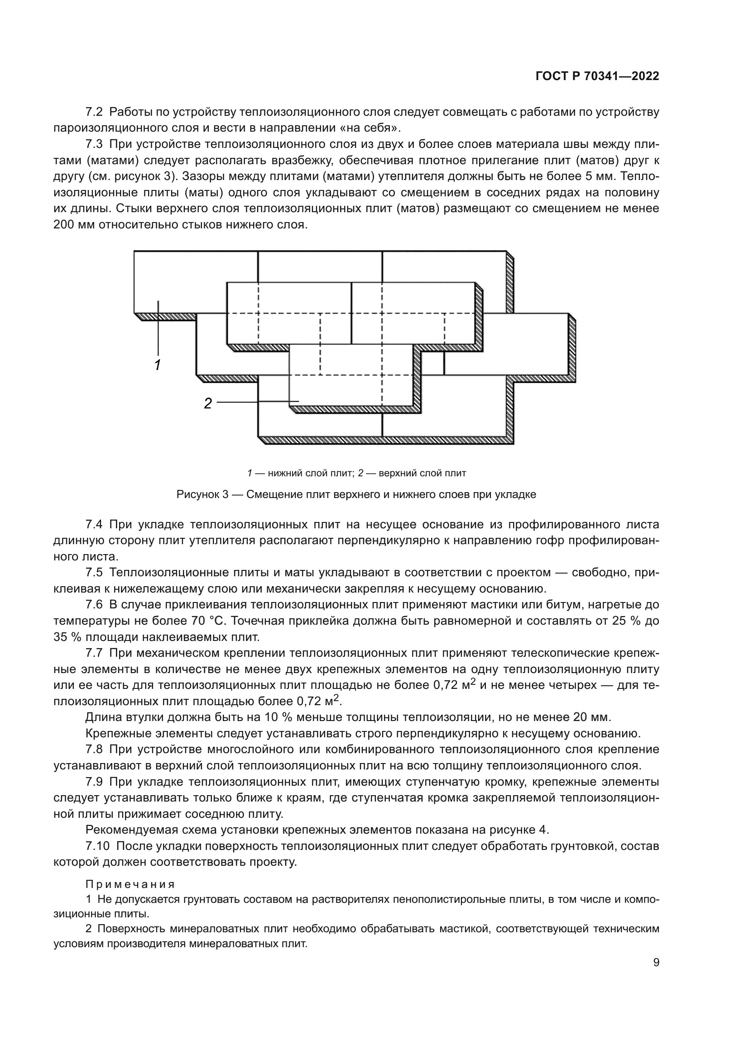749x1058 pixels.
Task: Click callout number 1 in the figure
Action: [157, 365]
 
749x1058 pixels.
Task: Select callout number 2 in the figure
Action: [208, 403]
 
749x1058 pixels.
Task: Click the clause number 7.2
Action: [94, 112]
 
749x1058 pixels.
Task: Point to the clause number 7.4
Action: [94, 524]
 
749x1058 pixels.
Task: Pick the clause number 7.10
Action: [97, 846]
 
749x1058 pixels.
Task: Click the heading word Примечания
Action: [130, 884]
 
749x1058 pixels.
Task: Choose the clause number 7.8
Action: [94, 750]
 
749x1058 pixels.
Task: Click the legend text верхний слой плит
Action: [422, 473]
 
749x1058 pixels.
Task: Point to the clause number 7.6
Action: [94, 605]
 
